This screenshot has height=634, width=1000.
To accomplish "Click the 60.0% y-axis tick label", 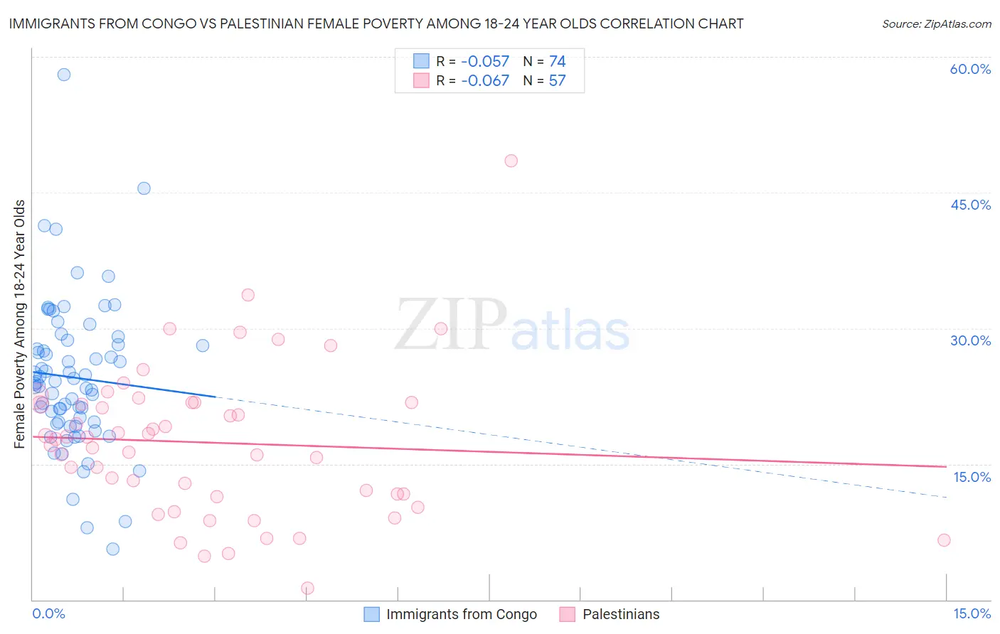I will pyautogui.click(x=970, y=69).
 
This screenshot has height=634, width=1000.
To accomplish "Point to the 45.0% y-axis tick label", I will pyautogui.click(x=970, y=205).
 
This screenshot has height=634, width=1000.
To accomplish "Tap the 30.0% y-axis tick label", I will pyautogui.click(x=970, y=340).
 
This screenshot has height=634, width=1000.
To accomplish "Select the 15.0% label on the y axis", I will pyautogui.click(x=972, y=477).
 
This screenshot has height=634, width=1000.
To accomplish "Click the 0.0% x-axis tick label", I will pyautogui.click(x=48, y=614).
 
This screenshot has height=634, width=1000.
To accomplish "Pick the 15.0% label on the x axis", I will pyautogui.click(x=972, y=614).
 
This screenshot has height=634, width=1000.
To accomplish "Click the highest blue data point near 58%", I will pyautogui.click(x=64, y=75).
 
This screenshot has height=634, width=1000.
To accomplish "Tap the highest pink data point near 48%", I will pyautogui.click(x=511, y=161).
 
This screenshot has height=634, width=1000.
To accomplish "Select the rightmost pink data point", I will pyautogui.click(x=944, y=540).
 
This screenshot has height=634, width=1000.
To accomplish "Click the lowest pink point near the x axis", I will pyautogui.click(x=308, y=588).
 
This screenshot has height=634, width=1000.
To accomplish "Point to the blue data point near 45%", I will pyautogui.click(x=144, y=188).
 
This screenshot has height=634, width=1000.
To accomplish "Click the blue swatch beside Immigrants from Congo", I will pyautogui.click(x=371, y=614).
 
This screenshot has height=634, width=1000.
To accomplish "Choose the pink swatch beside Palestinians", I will pyautogui.click(x=567, y=614).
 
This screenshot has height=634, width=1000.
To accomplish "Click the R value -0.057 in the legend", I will pyautogui.click(x=485, y=62).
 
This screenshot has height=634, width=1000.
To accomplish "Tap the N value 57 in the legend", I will pyautogui.click(x=557, y=81).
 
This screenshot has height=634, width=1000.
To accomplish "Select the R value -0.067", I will pyautogui.click(x=485, y=81).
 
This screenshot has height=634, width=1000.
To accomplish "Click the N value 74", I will pyautogui.click(x=557, y=62).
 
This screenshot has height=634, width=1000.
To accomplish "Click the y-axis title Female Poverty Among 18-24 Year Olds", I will pyautogui.click(x=20, y=324).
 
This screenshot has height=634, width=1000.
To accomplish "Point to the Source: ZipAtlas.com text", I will pyautogui.click(x=936, y=24).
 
